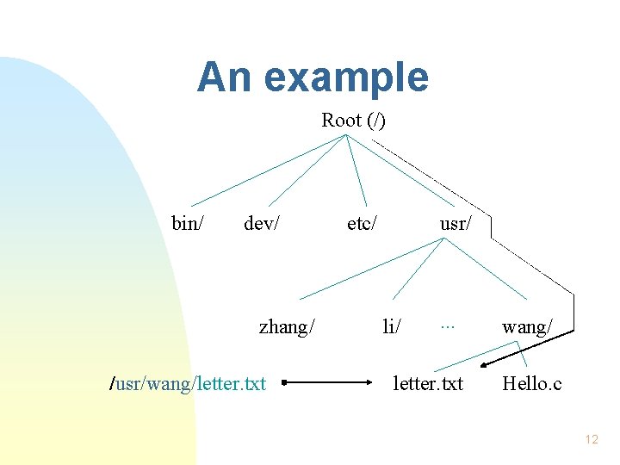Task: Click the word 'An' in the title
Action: [x=223, y=77]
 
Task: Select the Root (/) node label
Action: [x=353, y=121]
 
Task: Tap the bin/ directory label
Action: [x=188, y=224]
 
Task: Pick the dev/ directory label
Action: [x=262, y=224]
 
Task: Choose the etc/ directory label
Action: [x=362, y=224]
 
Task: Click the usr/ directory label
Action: [x=455, y=224]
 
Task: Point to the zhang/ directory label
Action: [x=287, y=326]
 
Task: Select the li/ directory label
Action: [x=392, y=326]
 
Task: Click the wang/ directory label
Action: [x=527, y=326]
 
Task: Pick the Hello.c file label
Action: [x=531, y=383]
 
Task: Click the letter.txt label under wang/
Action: [x=428, y=383]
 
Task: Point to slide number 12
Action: [x=591, y=440]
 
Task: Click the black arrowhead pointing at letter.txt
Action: [x=485, y=366]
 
